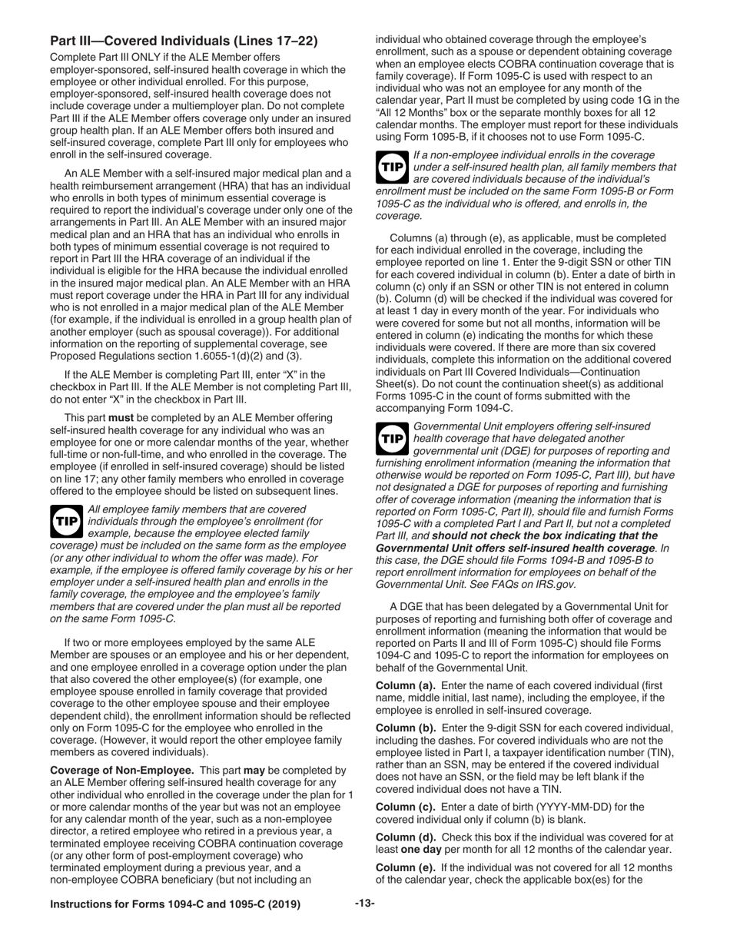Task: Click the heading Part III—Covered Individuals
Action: pos(184,41)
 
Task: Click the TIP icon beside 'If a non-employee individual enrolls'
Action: pos(391,166)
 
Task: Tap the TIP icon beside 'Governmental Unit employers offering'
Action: pos(391,437)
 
